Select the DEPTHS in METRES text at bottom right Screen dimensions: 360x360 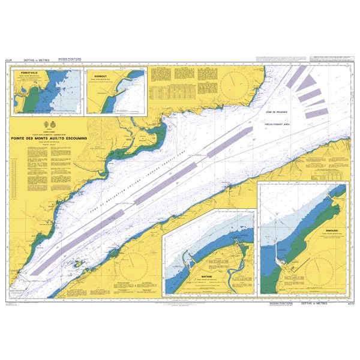point(321,305)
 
